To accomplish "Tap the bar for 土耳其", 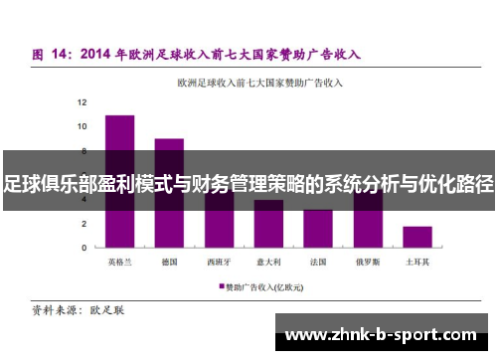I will (x=417, y=237).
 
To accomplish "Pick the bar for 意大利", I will (x=268, y=224).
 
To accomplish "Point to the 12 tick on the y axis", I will (x=83, y=102).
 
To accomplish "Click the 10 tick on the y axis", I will (x=83, y=126).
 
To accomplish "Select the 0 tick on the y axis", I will (x=84, y=248).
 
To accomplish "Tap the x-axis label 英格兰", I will (x=119, y=263).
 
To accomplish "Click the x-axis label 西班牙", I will (x=219, y=263).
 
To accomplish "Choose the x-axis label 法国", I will (x=318, y=263).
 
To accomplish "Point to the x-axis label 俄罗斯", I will (x=368, y=263).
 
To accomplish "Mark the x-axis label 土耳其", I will (x=417, y=263).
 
